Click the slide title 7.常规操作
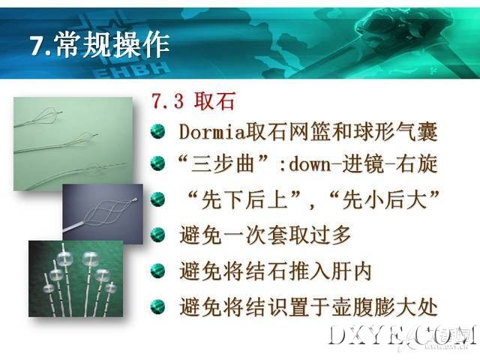(x=100, y=45)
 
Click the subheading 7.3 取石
(x=193, y=100)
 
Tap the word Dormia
(x=212, y=132)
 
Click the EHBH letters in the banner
(x=131, y=71)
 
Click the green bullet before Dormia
(x=158, y=132)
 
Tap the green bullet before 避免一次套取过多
(x=158, y=235)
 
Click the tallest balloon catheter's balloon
(x=90, y=258)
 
